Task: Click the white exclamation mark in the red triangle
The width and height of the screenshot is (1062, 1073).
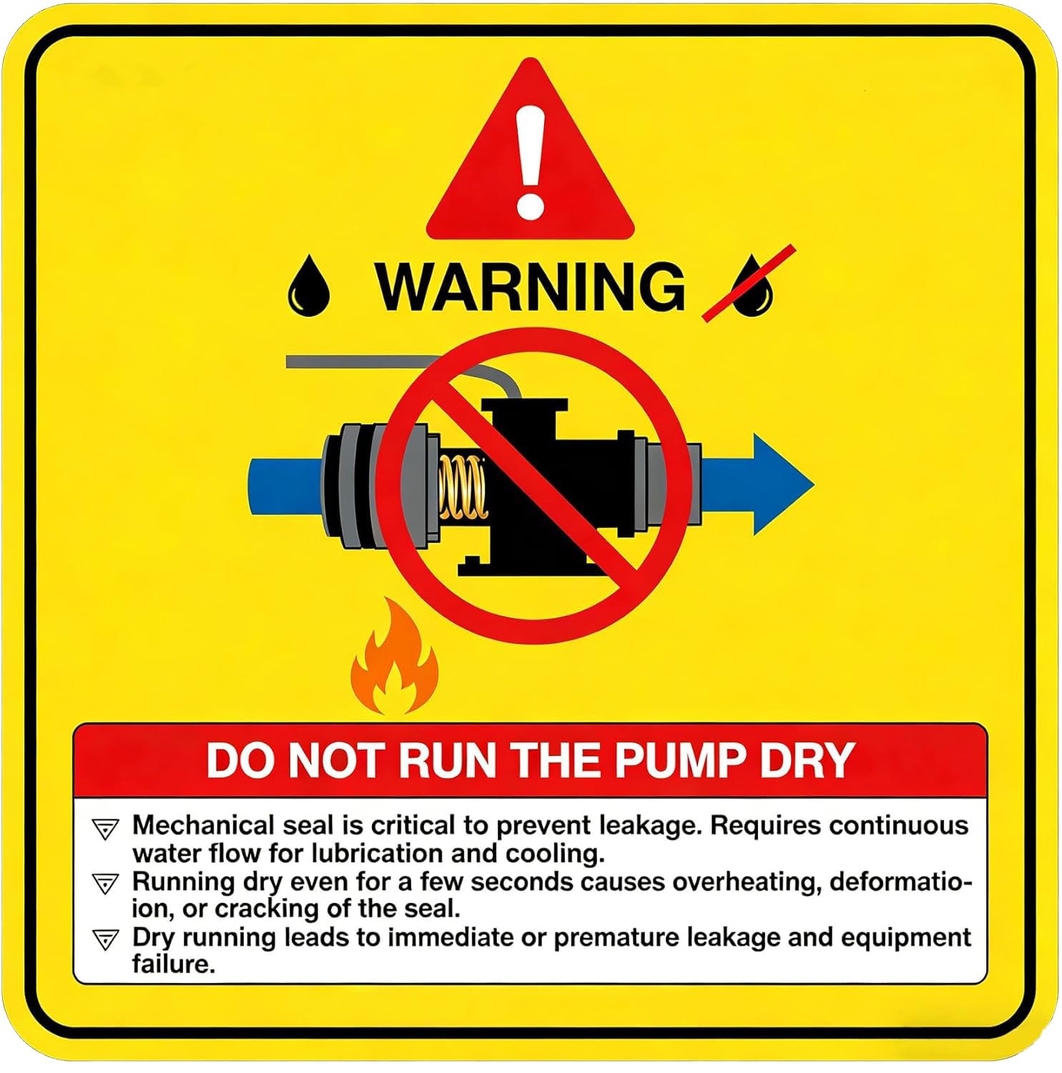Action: tap(530, 162)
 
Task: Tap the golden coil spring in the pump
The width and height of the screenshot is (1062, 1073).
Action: tap(461, 487)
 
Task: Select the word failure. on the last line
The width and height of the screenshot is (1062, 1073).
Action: tap(173, 964)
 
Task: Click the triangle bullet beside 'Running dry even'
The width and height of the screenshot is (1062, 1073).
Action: tap(105, 883)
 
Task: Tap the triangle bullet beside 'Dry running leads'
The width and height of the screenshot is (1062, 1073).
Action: tap(105, 939)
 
